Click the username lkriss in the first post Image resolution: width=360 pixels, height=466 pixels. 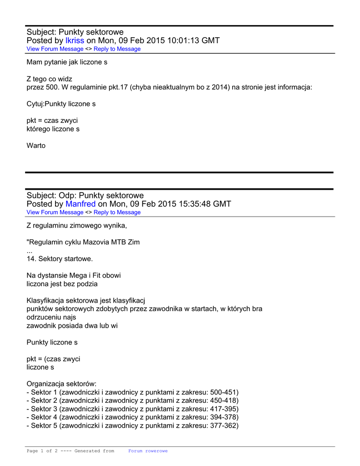[75, 41]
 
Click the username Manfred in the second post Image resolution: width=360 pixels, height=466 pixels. [81, 204]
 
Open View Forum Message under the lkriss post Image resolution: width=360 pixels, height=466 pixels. [55, 49]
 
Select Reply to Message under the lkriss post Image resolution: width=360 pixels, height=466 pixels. [117, 49]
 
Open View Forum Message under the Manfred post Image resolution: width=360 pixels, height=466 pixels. [55, 212]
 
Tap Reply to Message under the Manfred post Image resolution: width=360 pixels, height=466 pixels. [117, 212]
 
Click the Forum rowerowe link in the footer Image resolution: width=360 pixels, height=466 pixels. [148, 451]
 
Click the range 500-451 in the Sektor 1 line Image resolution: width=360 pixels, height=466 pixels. [224, 392]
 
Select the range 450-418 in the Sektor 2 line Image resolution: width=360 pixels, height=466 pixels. [224, 400]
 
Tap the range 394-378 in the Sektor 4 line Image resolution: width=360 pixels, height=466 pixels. [224, 417]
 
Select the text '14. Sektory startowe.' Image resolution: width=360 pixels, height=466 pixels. [60, 259]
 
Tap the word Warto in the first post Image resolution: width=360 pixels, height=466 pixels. [36, 146]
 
